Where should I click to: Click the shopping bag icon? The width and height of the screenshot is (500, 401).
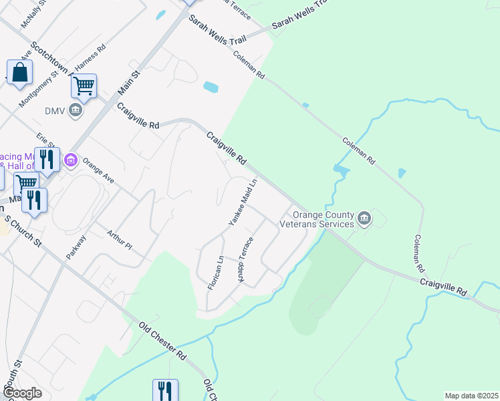pos(20,73)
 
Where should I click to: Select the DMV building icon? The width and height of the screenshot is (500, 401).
pos(75,110)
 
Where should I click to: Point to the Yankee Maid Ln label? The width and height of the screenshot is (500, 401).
pos(243,202)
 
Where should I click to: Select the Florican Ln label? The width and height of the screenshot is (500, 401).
pos(215,272)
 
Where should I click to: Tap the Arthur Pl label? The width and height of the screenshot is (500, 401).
pos(120,239)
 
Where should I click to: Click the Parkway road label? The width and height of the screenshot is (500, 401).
pos(76,247)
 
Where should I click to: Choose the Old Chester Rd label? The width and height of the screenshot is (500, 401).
pos(161,340)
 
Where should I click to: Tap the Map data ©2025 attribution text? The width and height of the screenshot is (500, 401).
pos(471,396)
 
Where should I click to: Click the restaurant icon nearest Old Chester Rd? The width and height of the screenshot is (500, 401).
pos(165,390)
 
